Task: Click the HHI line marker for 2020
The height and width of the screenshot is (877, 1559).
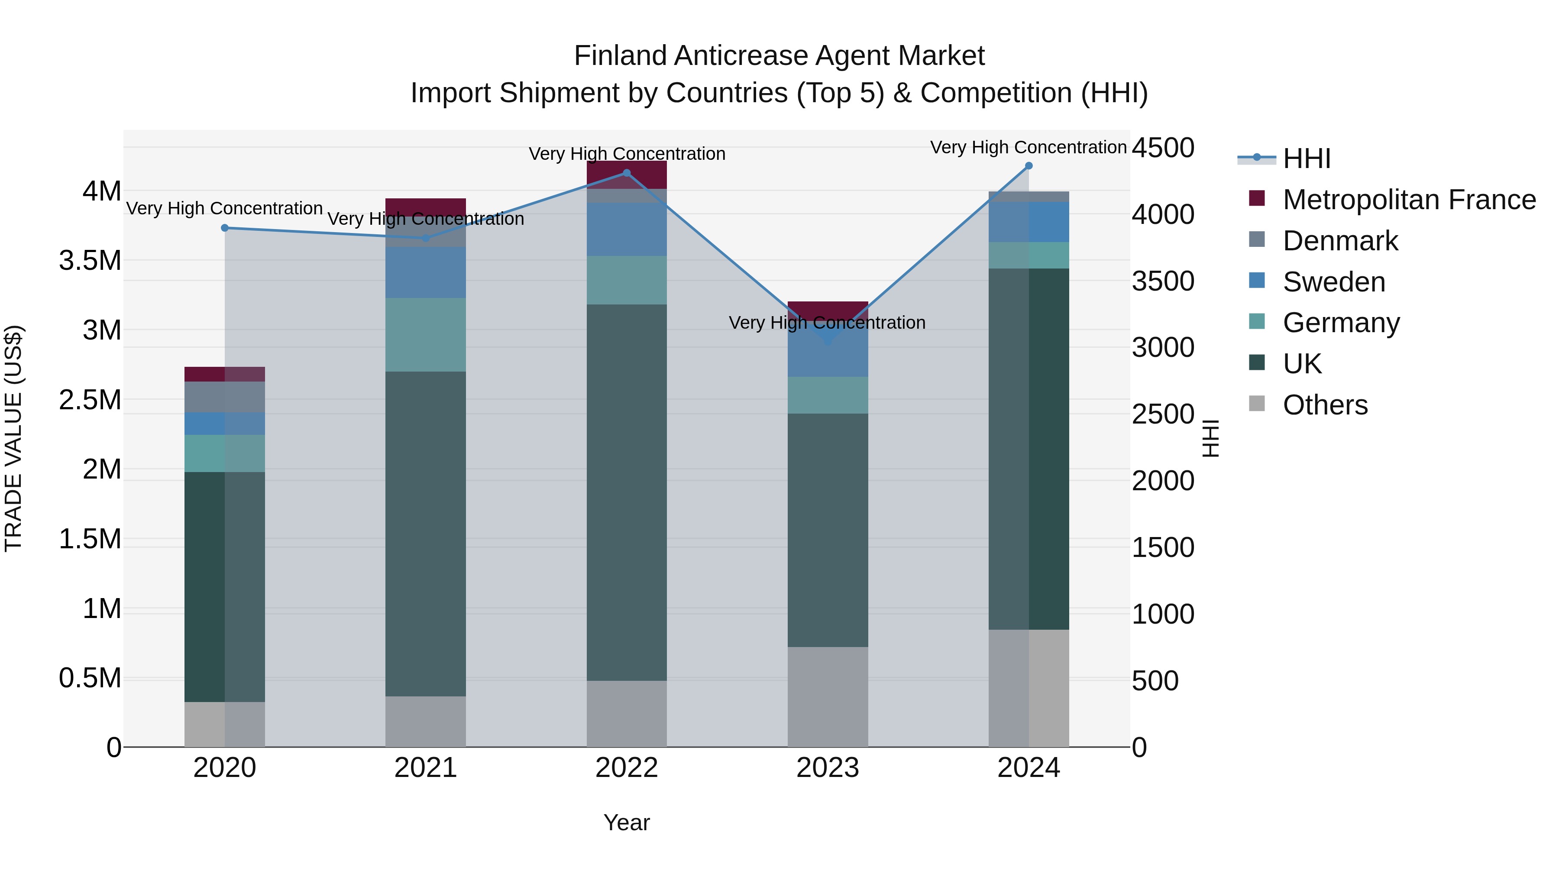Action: (224, 228)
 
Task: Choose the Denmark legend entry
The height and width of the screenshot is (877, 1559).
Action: (1340, 241)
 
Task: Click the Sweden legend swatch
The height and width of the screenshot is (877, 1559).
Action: (1257, 281)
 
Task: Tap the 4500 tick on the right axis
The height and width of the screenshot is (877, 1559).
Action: (1163, 148)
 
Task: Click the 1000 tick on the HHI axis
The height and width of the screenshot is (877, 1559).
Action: (1163, 614)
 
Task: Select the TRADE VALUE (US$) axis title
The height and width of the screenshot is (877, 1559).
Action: (13, 438)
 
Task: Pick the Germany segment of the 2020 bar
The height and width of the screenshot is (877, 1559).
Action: (224, 453)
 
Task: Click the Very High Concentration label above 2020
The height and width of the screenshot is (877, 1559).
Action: (224, 208)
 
